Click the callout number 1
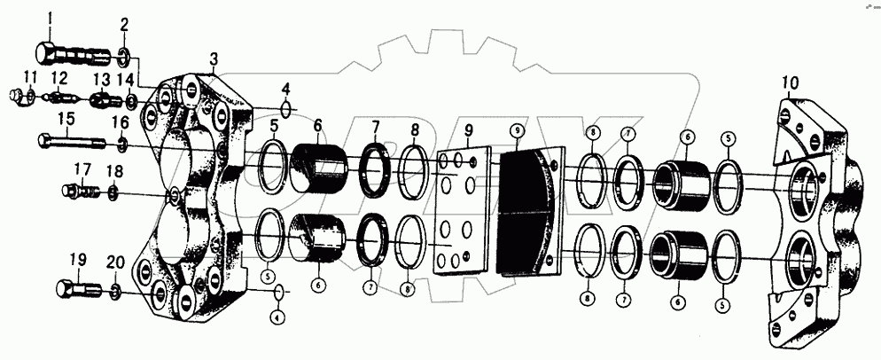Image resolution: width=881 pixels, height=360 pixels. click(51, 18)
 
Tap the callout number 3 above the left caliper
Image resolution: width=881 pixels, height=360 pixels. click(213, 58)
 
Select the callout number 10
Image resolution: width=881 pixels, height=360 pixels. click(790, 83)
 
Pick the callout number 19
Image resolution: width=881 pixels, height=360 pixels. click(78, 260)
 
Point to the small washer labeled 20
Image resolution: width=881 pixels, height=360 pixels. click(116, 290)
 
